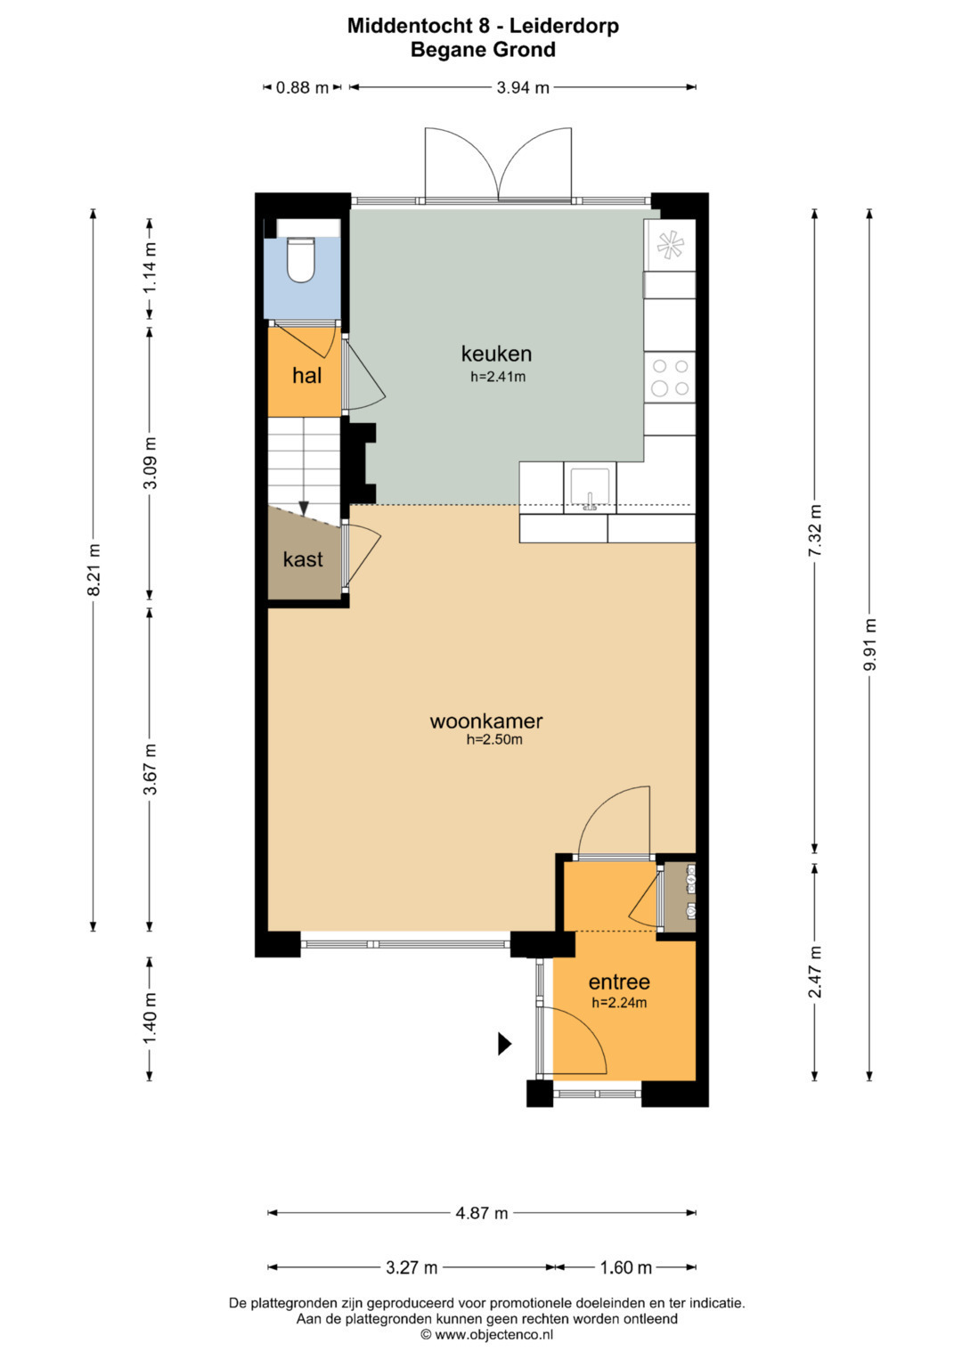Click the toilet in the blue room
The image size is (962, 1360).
pyautogui.click(x=301, y=260)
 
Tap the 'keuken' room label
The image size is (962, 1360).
pyautogui.click(x=496, y=353)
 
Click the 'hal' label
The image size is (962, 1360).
pyautogui.click(x=306, y=375)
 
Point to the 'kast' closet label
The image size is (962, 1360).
pyautogui.click(x=303, y=558)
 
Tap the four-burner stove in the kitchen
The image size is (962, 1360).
pyautogui.click(x=670, y=377)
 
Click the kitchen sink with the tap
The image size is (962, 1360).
pyautogui.click(x=589, y=487)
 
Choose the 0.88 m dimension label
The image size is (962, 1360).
pyautogui.click(x=302, y=88)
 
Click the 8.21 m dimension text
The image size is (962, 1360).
pyautogui.click(x=94, y=569)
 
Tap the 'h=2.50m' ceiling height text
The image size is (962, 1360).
pyautogui.click(x=494, y=739)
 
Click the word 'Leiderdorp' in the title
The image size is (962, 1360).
pyautogui.click(x=564, y=26)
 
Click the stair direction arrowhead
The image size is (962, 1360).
pyautogui.click(x=305, y=509)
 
